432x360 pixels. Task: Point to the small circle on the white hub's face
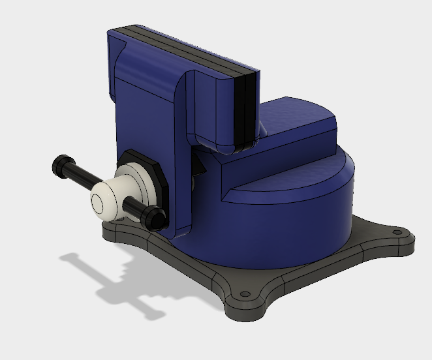[99, 203]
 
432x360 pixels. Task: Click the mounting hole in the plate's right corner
[396, 232]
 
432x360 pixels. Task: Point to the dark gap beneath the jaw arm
[199, 166]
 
